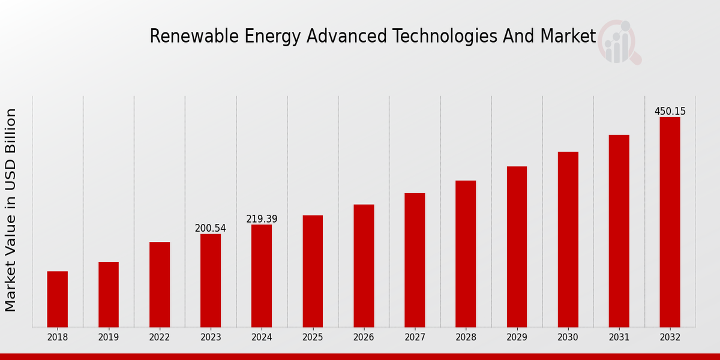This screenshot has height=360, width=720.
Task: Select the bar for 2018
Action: [58, 299]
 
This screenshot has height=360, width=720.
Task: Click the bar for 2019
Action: [109, 294]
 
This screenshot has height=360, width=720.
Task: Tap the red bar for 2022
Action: [160, 284]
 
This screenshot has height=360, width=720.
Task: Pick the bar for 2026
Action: [364, 265]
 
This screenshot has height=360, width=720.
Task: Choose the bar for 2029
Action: [517, 246]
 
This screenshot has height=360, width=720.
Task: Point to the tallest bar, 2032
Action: [670, 222]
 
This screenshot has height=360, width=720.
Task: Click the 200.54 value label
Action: [211, 229]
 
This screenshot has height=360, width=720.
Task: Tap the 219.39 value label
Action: [262, 219]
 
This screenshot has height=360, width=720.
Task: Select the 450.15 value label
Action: [670, 112]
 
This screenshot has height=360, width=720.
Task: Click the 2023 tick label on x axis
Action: [211, 338]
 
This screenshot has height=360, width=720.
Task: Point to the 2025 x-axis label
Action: [313, 338]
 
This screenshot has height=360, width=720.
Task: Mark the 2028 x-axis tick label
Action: [466, 338]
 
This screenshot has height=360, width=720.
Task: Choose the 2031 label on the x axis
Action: [619, 338]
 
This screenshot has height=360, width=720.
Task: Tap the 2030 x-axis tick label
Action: [568, 338]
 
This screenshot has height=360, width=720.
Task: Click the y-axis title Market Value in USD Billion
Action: [11, 210]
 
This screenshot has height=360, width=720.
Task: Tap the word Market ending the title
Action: [568, 37]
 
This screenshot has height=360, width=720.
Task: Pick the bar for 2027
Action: [415, 260]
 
